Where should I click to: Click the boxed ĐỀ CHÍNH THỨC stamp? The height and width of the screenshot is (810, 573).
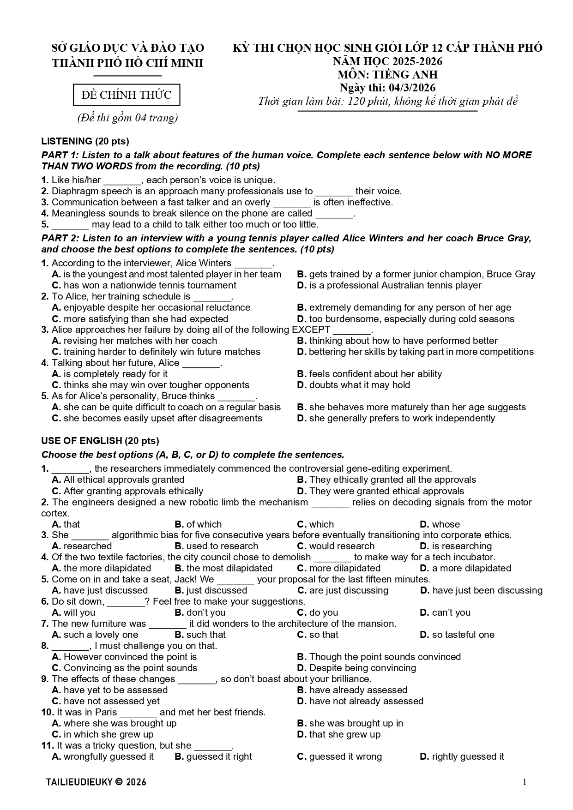click(x=127, y=95)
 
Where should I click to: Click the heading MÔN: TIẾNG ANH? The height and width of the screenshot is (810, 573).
click(x=387, y=75)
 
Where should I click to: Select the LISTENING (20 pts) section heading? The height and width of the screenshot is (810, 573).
click(x=85, y=141)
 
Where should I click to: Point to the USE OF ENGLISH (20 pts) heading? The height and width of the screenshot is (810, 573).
click(x=100, y=440)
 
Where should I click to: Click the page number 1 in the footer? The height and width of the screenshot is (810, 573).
click(x=525, y=781)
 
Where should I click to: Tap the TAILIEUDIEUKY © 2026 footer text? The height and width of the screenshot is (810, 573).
click(x=96, y=782)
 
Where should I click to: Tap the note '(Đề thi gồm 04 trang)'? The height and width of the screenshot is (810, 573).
click(x=127, y=118)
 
